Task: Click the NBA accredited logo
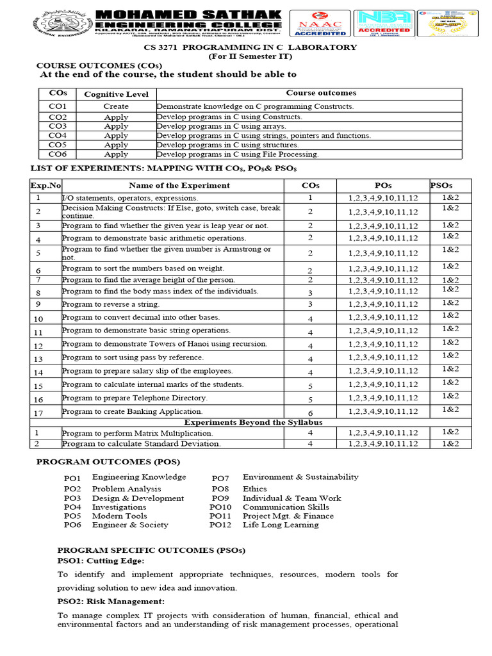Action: click(384, 24)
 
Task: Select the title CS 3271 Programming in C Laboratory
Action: click(250, 47)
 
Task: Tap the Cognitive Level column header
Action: click(116, 94)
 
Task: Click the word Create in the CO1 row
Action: click(116, 106)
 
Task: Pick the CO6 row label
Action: click(57, 154)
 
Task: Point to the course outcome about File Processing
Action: click(238, 154)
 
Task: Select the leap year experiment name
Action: click(165, 225)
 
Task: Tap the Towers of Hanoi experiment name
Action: click(165, 344)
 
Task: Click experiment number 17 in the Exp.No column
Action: click(38, 413)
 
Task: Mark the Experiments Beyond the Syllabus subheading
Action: click(253, 423)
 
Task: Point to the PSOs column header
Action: click(441, 185)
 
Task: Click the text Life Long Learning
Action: click(280, 525)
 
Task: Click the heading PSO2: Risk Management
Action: click(111, 602)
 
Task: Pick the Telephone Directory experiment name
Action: click(135, 398)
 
